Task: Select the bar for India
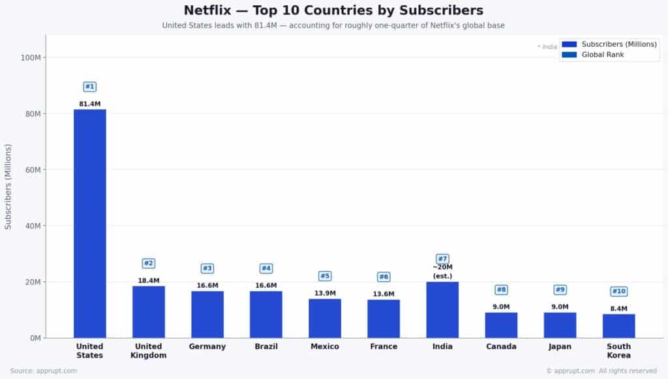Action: click(442, 309)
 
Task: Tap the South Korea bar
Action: click(618, 326)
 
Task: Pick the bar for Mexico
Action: click(325, 318)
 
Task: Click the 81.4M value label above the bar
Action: click(90, 104)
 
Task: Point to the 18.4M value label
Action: click(149, 281)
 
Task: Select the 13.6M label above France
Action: click(384, 294)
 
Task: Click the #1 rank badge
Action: click(90, 87)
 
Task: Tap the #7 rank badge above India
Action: click(442, 259)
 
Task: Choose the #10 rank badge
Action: click(618, 291)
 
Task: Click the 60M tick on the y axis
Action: click(31, 170)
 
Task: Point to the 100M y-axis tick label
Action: click(30, 57)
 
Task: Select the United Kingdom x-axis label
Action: click(149, 351)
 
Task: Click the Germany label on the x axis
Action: click(207, 346)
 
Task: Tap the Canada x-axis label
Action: click(501, 346)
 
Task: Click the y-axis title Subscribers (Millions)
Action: click(8, 187)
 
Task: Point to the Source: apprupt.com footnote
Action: click(44, 371)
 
